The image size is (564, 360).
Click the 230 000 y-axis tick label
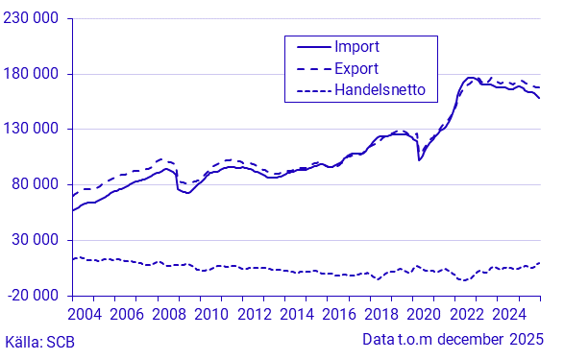[34, 19]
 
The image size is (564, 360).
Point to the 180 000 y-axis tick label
[34, 74]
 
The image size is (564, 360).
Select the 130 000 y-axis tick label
[34, 130]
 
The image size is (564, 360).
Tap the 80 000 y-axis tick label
[37, 184]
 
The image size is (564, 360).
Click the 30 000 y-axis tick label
[37, 240]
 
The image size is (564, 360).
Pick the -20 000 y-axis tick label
[35, 295]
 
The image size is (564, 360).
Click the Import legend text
[356, 46]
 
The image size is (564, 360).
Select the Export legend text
[356, 68]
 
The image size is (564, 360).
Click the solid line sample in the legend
[307, 46]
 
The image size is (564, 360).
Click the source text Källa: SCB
[39, 341]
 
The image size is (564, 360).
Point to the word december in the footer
[464, 340]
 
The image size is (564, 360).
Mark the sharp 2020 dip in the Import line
[419, 159]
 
